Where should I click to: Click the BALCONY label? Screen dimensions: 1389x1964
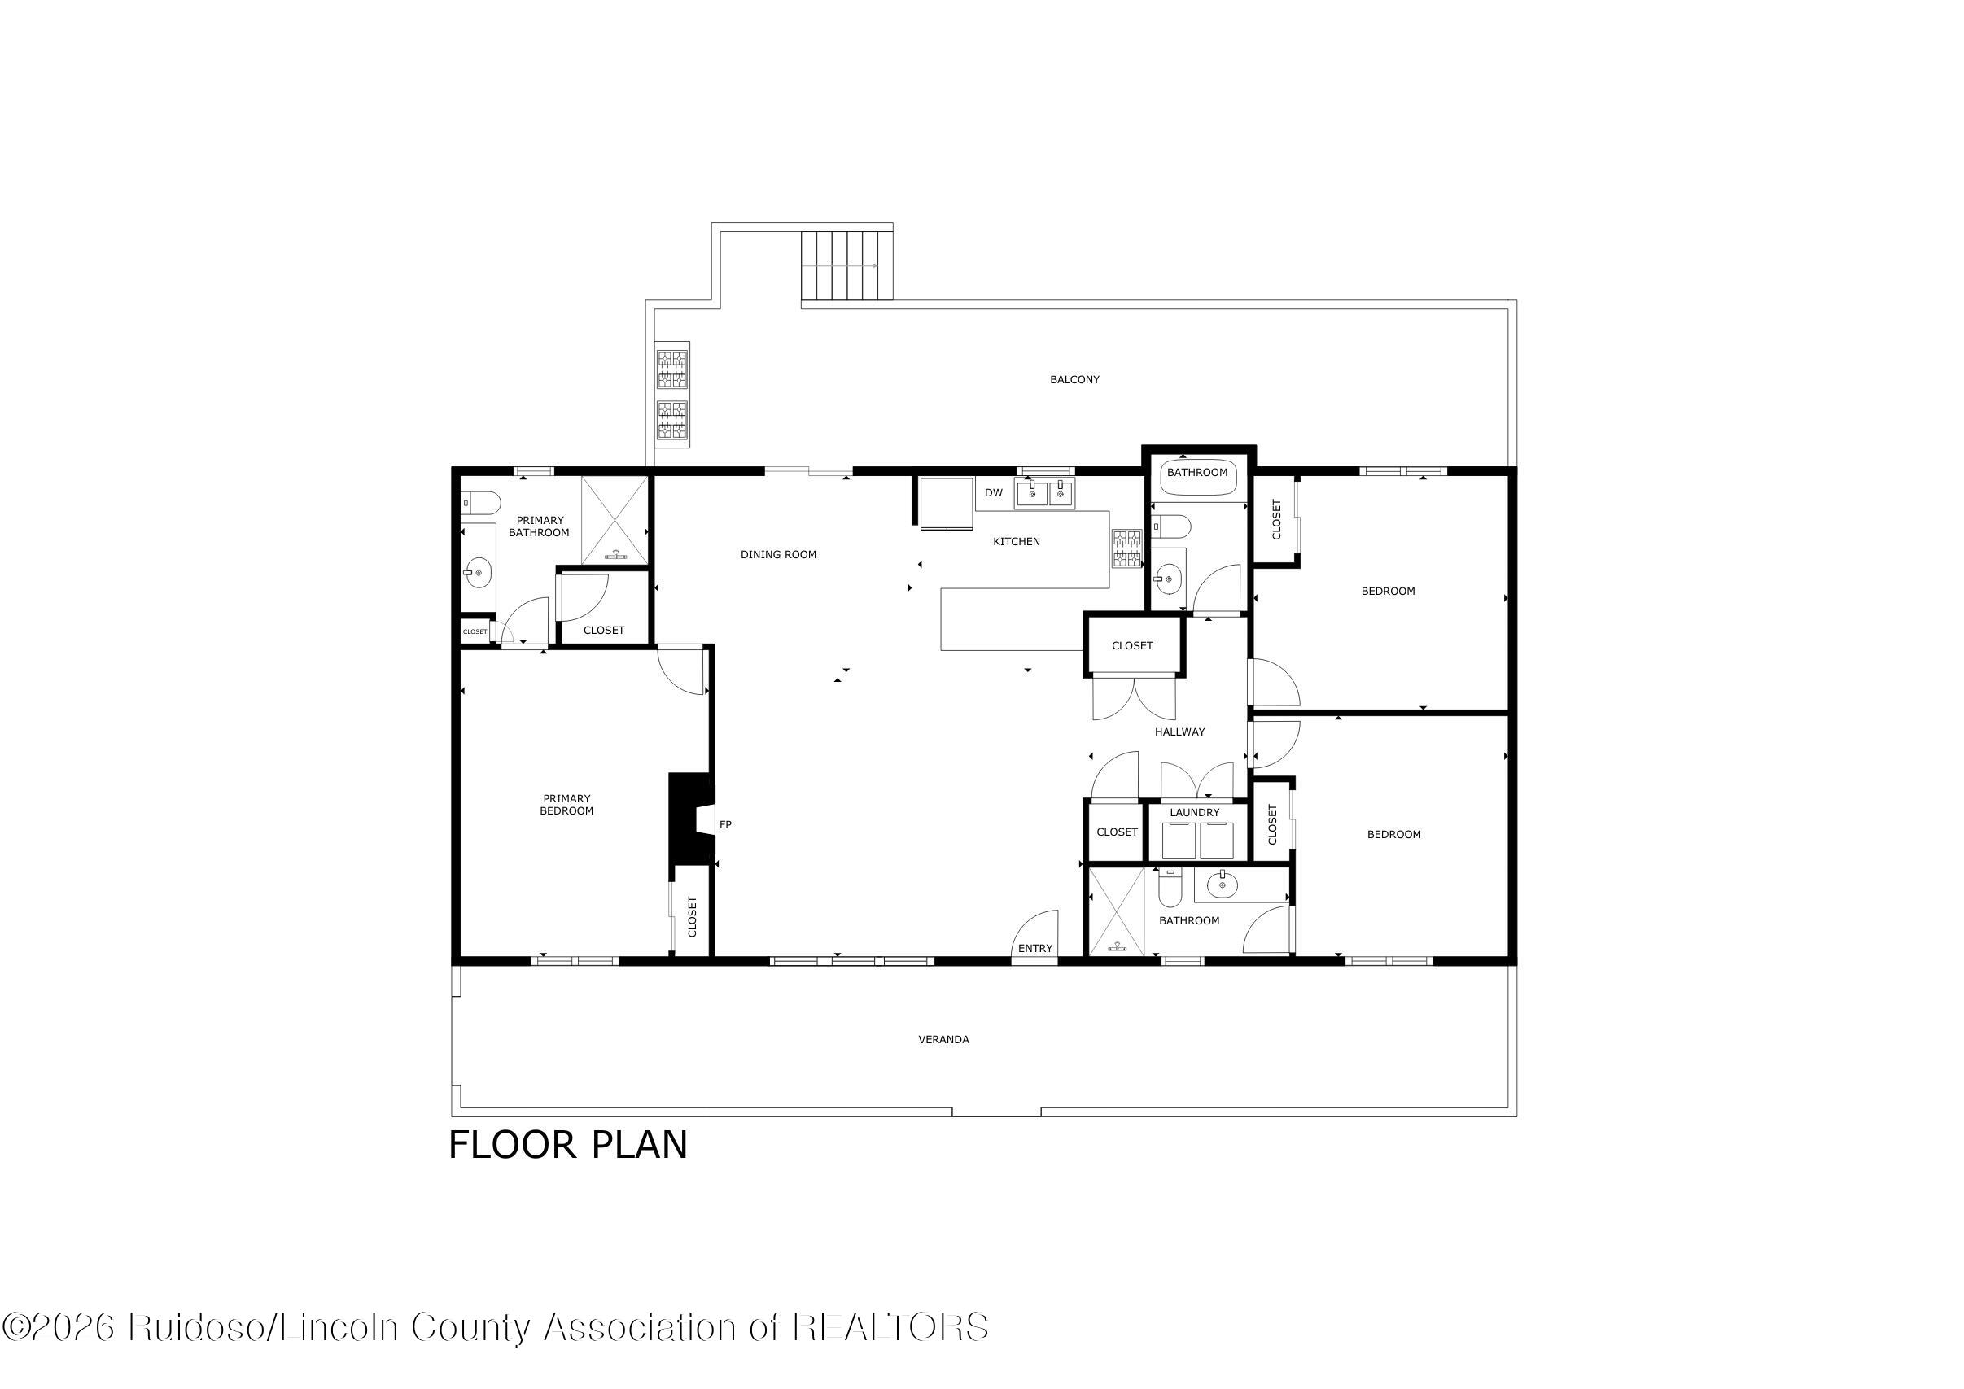pyautogui.click(x=1074, y=380)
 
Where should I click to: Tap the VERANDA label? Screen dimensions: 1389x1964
pyautogui.click(x=943, y=1039)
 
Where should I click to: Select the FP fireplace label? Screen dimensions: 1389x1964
pyautogui.click(x=725, y=824)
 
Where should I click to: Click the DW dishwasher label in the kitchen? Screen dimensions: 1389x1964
pyautogui.click(x=993, y=492)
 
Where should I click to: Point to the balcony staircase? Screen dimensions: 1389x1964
pyautogui.click(x=846, y=265)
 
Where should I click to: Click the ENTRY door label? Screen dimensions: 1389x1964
pyautogui.click(x=1035, y=949)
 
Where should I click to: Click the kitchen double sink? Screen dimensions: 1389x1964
pyautogui.click(x=1044, y=493)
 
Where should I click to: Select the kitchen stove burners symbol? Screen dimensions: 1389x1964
pyautogui.click(x=1126, y=548)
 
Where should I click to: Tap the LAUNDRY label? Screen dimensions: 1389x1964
pyautogui.click(x=1195, y=813)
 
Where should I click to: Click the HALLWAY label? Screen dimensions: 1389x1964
pyautogui.click(x=1179, y=732)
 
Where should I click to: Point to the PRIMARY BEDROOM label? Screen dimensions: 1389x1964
pyautogui.click(x=566, y=805)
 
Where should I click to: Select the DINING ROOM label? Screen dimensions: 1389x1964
pyautogui.click(x=778, y=554)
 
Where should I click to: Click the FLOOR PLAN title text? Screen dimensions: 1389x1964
pyautogui.click(x=568, y=1145)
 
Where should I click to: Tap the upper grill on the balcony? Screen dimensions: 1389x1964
pyautogui.click(x=672, y=368)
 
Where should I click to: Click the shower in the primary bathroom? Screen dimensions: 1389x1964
pyautogui.click(x=615, y=520)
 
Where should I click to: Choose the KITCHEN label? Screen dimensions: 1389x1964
pyautogui.click(x=1017, y=541)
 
